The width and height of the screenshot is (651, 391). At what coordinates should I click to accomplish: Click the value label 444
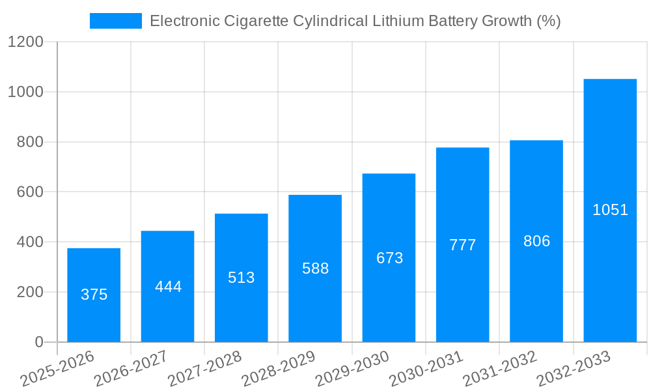[x=168, y=287]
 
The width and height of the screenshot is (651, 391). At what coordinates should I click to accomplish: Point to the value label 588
[x=315, y=268]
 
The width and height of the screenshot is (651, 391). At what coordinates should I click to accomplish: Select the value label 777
[x=462, y=245]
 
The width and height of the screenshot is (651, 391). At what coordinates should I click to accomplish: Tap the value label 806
[x=536, y=241]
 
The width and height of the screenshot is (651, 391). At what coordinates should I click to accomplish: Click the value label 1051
[x=610, y=210]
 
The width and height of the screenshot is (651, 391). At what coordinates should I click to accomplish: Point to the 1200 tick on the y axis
[x=25, y=42]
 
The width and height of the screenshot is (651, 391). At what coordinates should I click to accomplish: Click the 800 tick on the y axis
[x=30, y=142]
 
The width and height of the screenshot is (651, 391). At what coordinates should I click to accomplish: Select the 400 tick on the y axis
[x=30, y=242]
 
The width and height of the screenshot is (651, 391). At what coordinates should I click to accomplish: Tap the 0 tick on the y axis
[x=38, y=342]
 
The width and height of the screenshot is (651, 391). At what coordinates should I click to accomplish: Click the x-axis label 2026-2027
[x=131, y=369]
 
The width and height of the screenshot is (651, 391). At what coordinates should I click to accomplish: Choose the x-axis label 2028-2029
[x=279, y=369]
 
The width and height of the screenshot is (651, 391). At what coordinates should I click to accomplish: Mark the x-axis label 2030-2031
[x=426, y=369]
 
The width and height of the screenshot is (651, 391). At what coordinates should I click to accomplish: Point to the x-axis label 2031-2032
[x=500, y=369]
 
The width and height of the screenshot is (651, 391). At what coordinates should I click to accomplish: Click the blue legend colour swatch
[x=115, y=21]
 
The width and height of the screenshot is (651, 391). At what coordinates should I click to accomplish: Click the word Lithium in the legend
[x=398, y=21]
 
